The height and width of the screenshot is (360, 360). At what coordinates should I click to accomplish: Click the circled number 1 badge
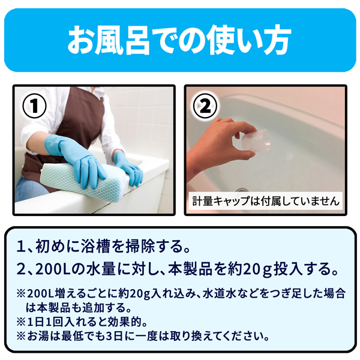[x=34, y=106]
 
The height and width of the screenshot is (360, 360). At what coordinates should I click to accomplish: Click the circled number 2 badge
[x=205, y=106]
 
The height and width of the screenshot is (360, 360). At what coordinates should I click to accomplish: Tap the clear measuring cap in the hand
[x=256, y=140]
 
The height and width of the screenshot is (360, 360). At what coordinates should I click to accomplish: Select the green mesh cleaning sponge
[x=83, y=178]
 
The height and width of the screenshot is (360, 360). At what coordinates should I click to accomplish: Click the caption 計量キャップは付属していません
[x=266, y=202]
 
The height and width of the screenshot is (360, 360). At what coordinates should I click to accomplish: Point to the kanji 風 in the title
[x=109, y=40]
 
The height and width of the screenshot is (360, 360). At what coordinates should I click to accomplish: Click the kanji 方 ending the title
[x=275, y=40]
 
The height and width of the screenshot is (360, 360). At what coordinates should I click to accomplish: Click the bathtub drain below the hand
[x=242, y=190]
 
